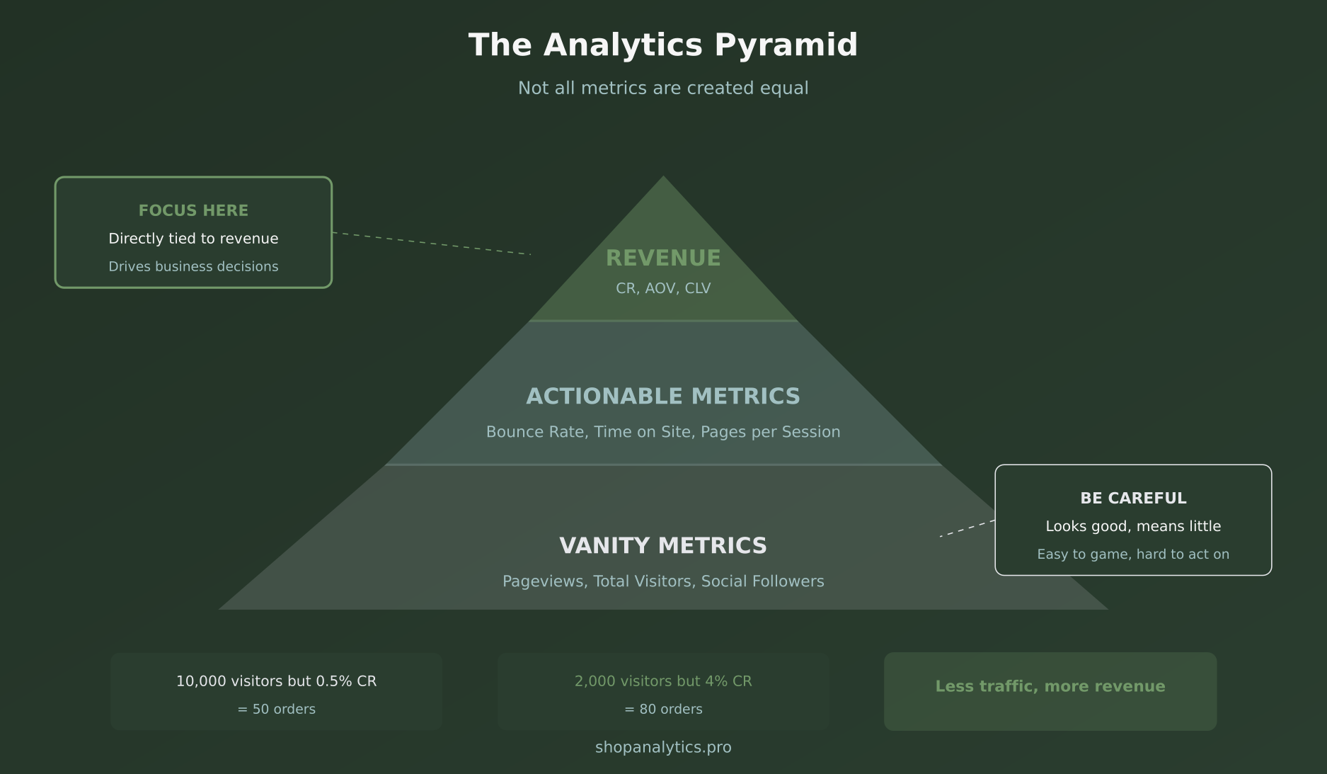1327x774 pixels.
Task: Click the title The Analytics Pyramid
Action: (663, 45)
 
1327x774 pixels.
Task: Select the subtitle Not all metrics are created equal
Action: (663, 89)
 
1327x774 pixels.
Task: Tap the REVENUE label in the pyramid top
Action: (663, 258)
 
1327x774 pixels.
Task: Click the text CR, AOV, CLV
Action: (663, 288)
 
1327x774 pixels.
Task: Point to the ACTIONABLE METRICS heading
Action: (663, 397)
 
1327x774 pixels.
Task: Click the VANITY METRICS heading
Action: (663, 546)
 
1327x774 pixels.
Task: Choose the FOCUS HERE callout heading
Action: (193, 211)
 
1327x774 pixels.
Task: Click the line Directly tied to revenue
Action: (193, 239)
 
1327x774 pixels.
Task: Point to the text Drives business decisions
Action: (193, 267)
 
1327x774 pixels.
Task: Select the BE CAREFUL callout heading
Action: (1133, 499)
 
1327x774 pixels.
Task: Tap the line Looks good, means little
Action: (1133, 526)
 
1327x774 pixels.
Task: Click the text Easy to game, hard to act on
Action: (1133, 554)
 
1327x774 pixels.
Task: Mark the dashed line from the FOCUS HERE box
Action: (432, 244)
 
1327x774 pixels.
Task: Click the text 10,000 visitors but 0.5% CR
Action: (276, 681)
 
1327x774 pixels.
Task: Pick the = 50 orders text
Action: (276, 710)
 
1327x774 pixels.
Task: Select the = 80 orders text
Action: (663, 710)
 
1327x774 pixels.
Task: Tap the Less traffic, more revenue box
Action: (1050, 691)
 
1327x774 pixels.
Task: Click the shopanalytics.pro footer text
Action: (663, 748)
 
